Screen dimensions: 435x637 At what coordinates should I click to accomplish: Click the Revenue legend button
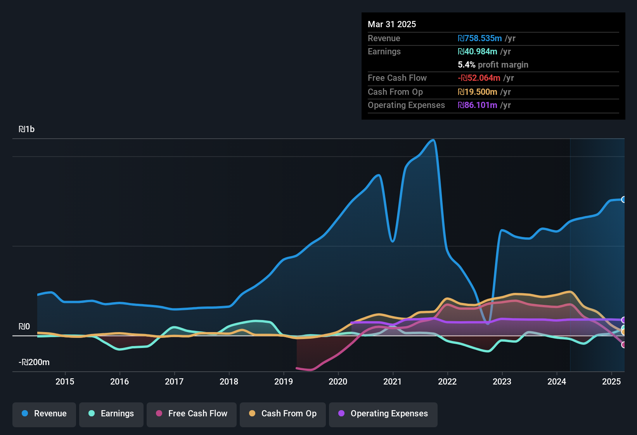click(44, 414)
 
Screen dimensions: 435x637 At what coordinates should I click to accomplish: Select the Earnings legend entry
click(111, 414)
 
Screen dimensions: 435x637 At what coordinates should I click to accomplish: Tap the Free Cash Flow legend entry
click(192, 414)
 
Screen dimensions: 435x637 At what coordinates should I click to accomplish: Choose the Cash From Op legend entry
click(283, 414)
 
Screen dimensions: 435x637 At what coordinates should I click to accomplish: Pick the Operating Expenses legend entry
click(383, 414)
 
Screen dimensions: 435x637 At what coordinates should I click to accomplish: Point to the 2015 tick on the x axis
click(65, 381)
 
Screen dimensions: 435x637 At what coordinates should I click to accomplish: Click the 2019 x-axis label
click(284, 381)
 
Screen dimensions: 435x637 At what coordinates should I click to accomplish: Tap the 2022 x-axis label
click(447, 381)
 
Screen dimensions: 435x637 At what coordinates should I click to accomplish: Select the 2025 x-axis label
click(611, 381)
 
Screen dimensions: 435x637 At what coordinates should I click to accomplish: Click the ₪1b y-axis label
click(26, 129)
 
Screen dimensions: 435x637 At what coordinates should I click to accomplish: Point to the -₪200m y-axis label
click(34, 362)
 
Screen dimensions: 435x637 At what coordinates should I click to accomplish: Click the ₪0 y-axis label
click(24, 327)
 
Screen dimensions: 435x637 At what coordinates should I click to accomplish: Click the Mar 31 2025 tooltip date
click(392, 24)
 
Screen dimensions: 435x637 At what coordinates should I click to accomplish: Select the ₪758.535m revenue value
click(479, 38)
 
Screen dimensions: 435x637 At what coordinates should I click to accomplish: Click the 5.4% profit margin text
click(493, 65)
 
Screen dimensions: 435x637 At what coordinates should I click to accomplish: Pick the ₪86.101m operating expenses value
click(477, 105)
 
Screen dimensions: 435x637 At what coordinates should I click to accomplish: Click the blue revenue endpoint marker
click(623, 200)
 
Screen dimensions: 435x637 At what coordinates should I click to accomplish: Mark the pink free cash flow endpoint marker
click(623, 345)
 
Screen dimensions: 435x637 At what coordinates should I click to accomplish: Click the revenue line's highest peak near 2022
click(433, 140)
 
